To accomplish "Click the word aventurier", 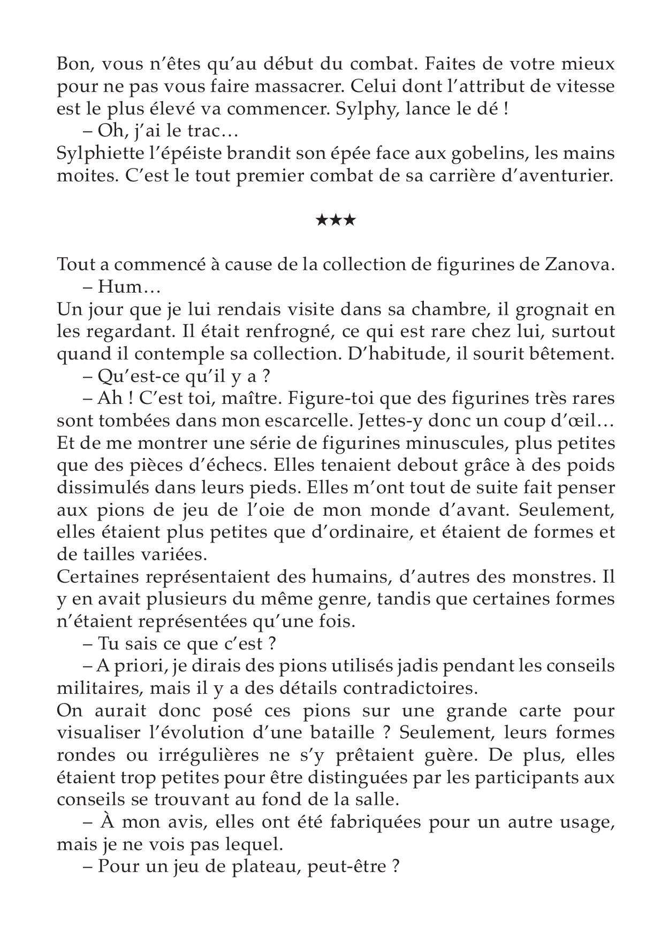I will point(558,176).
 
